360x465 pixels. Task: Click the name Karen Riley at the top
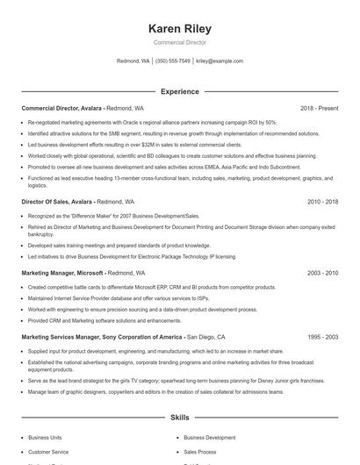[x=180, y=29]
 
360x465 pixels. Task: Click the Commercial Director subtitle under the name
[x=180, y=42]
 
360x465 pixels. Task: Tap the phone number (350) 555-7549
[x=173, y=61]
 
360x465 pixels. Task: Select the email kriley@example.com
[x=220, y=61]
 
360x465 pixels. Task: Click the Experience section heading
[x=180, y=91]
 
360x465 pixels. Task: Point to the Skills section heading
[x=180, y=419]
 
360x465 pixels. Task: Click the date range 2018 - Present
[x=319, y=108]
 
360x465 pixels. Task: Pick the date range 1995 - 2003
[x=322, y=337]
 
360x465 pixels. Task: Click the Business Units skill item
[x=46, y=436]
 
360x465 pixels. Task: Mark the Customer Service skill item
[x=49, y=451]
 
